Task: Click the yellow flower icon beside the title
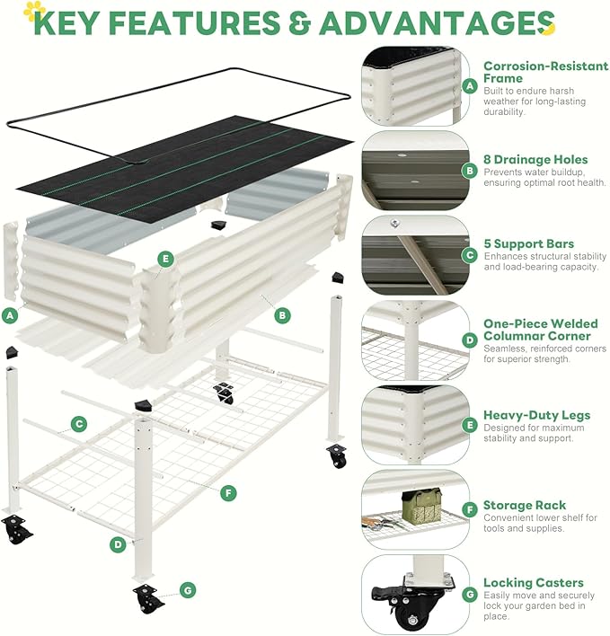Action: [x=34, y=11]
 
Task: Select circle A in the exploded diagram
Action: [x=10, y=316]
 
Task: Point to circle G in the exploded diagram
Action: [x=187, y=590]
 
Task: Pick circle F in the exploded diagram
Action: [x=229, y=493]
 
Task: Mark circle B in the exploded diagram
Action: [x=281, y=315]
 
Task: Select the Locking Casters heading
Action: [x=533, y=582]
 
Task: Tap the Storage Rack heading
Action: [x=525, y=506]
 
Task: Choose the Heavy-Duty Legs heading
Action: [x=536, y=415]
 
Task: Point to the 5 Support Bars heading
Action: [x=528, y=243]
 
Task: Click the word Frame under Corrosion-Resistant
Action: [x=503, y=78]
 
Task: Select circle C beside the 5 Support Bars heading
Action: [x=468, y=255]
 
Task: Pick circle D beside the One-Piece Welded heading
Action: [x=468, y=340]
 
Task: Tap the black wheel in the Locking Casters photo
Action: [x=412, y=621]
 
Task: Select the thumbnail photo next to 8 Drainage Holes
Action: [x=414, y=171]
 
